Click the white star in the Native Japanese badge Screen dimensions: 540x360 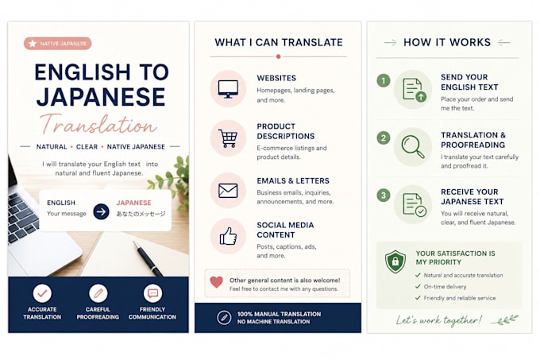33,44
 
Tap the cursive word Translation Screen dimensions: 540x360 98,125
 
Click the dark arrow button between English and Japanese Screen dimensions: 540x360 102,211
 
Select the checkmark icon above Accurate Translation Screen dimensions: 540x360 42,293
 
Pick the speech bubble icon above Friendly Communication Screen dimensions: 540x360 152,293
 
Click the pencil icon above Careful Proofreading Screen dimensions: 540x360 98,293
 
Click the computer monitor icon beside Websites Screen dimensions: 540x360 228,89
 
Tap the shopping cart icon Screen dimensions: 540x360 228,138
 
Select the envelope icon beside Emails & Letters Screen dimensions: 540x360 228,191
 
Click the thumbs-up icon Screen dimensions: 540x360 228,236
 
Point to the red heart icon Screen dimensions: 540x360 217,282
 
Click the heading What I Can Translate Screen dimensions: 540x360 279,42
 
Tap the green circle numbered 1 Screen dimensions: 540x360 384,81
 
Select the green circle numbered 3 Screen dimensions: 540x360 384,195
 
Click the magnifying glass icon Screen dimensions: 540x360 413,147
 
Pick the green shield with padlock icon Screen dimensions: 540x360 395,261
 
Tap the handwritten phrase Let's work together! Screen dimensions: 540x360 438,320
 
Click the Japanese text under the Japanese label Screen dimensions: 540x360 141,214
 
